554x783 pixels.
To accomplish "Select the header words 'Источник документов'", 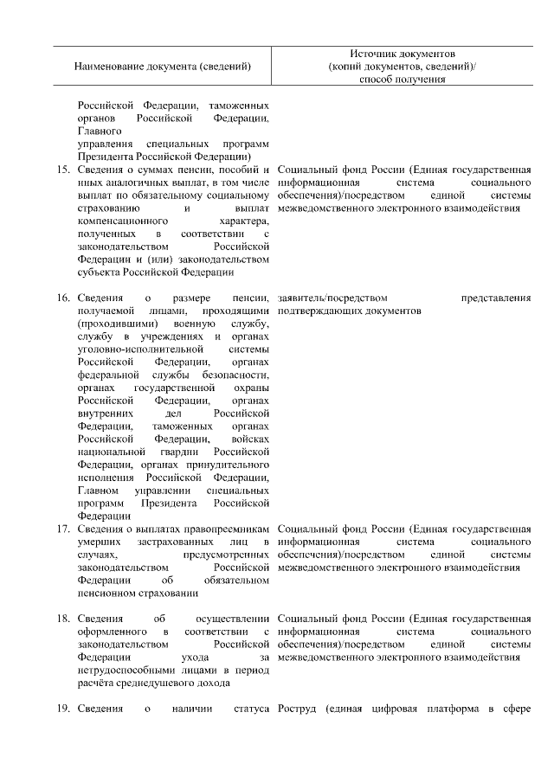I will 403,53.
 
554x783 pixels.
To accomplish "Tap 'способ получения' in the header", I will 403,80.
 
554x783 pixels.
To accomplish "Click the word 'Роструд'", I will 299,711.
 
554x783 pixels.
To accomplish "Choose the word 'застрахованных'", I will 157,541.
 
